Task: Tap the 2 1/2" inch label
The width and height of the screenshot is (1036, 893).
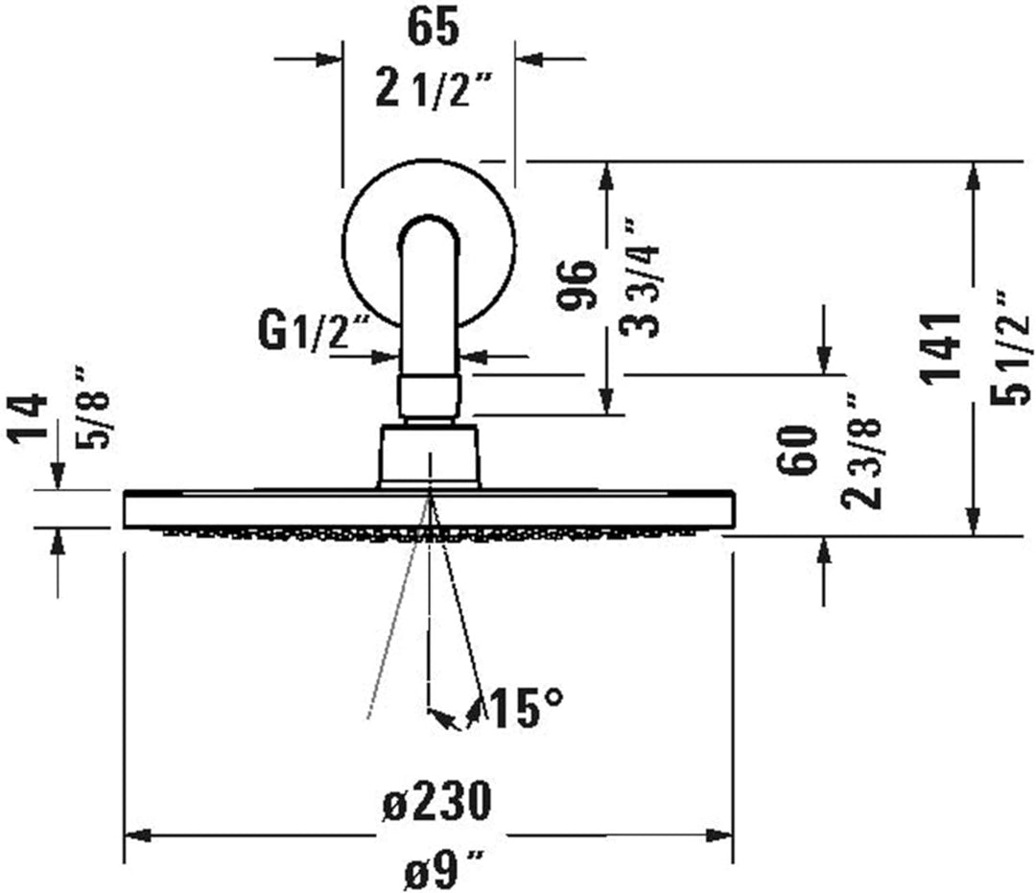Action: pyautogui.click(x=433, y=91)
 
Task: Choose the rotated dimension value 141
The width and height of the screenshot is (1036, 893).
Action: pyautogui.click(x=940, y=347)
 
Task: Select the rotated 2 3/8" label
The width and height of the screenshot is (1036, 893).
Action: pyautogui.click(x=860, y=451)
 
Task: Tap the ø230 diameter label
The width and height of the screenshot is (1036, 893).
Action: pyautogui.click(x=436, y=799)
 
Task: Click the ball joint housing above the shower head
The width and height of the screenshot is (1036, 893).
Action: pyautogui.click(x=428, y=456)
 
